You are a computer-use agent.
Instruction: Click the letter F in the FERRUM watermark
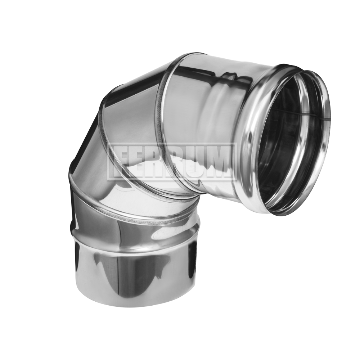point(122,161)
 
